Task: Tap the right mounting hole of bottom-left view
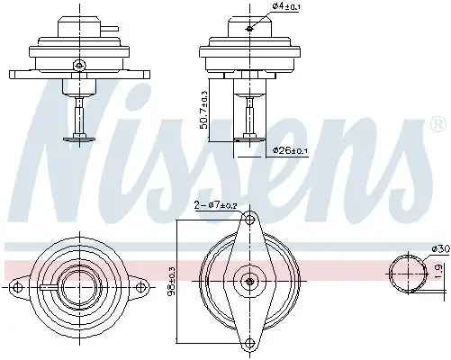coord(140,287)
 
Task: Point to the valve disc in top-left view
coord(79,138)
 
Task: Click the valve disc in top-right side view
coord(247,138)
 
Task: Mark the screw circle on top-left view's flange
coord(79,63)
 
